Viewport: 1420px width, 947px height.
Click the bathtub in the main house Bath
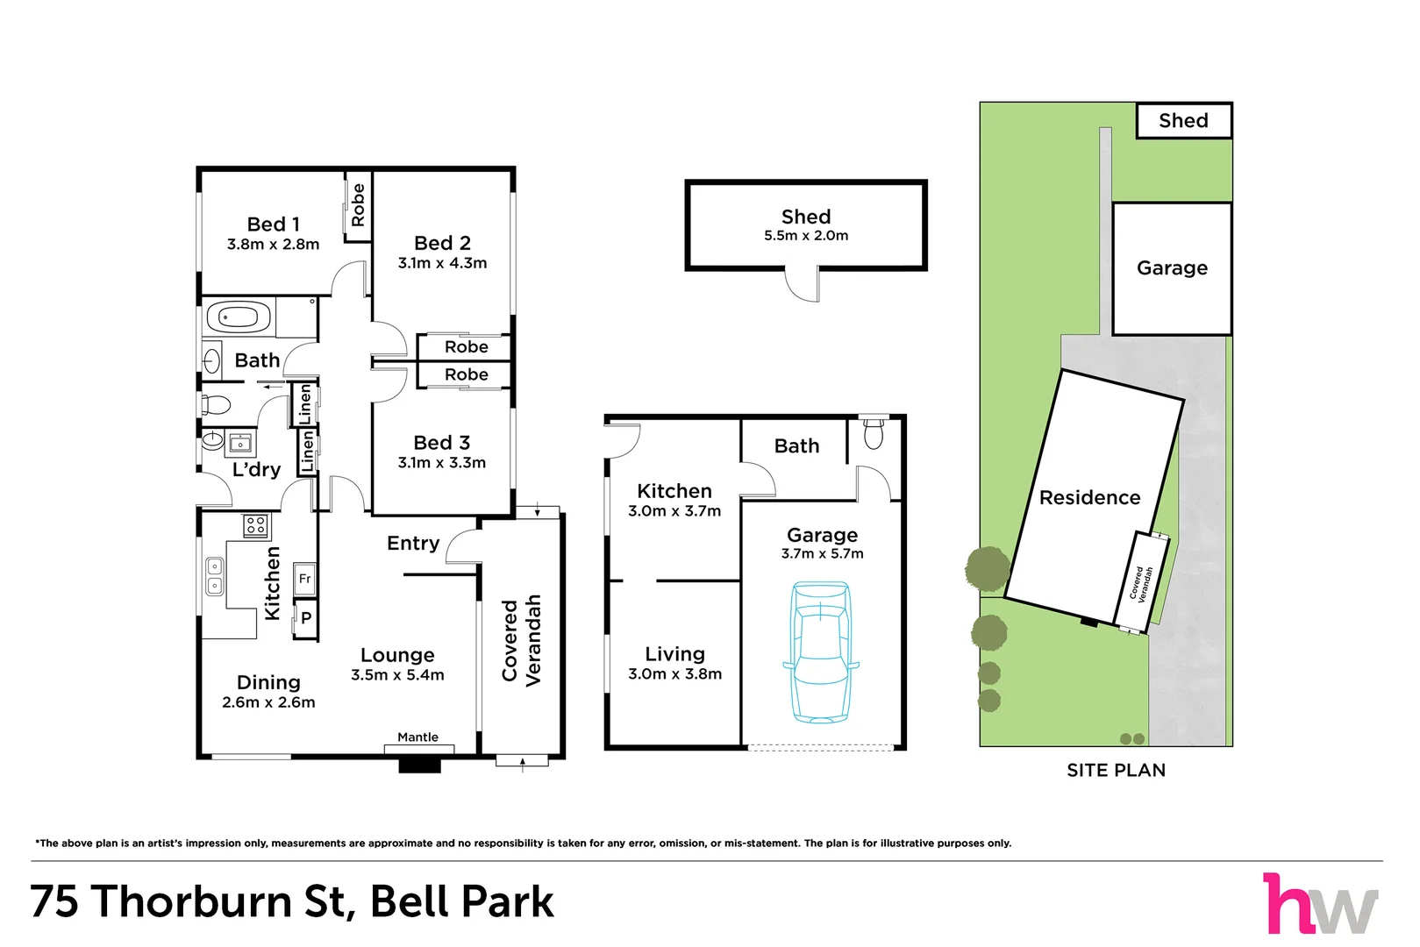(239, 317)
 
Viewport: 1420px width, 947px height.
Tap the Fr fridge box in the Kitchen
(305, 579)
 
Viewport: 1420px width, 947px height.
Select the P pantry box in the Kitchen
(305, 617)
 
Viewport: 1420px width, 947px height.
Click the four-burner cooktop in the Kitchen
(255, 525)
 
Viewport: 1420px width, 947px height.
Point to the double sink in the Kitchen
(215, 576)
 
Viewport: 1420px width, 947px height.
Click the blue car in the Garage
(821, 652)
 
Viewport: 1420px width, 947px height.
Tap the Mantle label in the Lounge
(417, 737)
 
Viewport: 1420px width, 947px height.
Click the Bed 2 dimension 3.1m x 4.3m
(442, 263)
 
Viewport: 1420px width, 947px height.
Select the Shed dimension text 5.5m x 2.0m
(806, 236)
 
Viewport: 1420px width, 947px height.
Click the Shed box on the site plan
(1183, 120)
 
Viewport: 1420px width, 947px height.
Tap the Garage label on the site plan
(1172, 268)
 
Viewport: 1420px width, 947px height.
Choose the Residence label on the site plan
(1089, 497)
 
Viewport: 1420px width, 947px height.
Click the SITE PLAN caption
(1117, 770)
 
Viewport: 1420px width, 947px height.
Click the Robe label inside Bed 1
(358, 204)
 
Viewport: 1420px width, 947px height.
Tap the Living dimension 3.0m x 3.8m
(675, 673)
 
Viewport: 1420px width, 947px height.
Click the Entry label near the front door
(413, 544)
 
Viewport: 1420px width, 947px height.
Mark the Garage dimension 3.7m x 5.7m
(822, 553)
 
